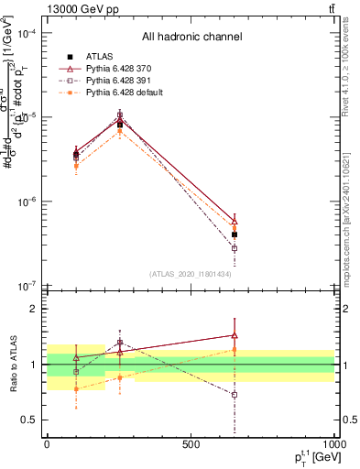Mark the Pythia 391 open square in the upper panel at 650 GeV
pos(235,248)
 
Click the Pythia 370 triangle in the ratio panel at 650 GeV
pos(235,335)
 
